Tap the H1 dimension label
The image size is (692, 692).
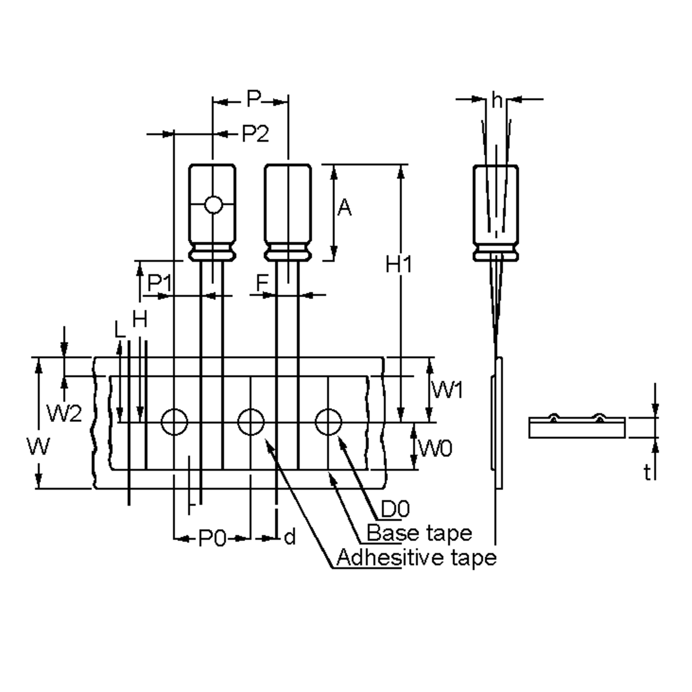point(398,265)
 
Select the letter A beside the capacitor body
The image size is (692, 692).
point(344,207)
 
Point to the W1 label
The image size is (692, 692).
point(447,390)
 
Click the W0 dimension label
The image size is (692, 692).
point(436,448)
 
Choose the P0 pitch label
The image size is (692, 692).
point(213,538)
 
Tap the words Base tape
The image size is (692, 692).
point(419,533)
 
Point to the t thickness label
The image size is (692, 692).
point(647,473)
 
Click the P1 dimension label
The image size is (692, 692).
point(159,283)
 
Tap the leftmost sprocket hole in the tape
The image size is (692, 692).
point(174,422)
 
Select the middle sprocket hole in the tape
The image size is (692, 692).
point(251,422)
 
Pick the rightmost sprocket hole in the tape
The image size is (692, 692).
point(328,422)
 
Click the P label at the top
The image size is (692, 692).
point(254,99)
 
